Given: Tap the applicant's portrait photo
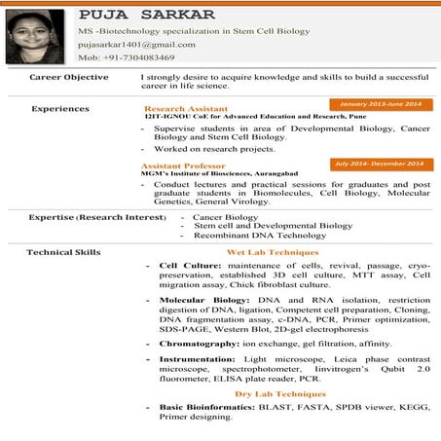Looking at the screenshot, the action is click(35, 37).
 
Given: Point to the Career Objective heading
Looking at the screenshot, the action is click(68, 75).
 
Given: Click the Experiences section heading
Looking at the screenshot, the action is click(59, 108).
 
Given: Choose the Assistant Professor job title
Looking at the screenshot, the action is click(183, 165).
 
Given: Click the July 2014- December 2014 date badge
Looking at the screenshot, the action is click(379, 164).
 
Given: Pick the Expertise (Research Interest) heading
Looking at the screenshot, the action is click(96, 216).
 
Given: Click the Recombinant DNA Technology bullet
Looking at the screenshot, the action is click(246, 236).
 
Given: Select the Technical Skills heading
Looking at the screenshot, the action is click(63, 252).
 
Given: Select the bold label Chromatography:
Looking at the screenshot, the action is click(199, 344).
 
